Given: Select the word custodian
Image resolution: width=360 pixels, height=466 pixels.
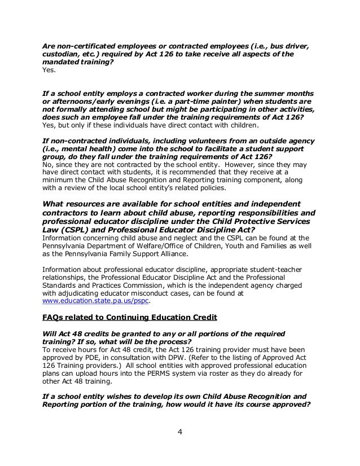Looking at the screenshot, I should coord(62,54).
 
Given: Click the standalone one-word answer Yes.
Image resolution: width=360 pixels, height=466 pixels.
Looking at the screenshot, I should coord(50,71).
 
